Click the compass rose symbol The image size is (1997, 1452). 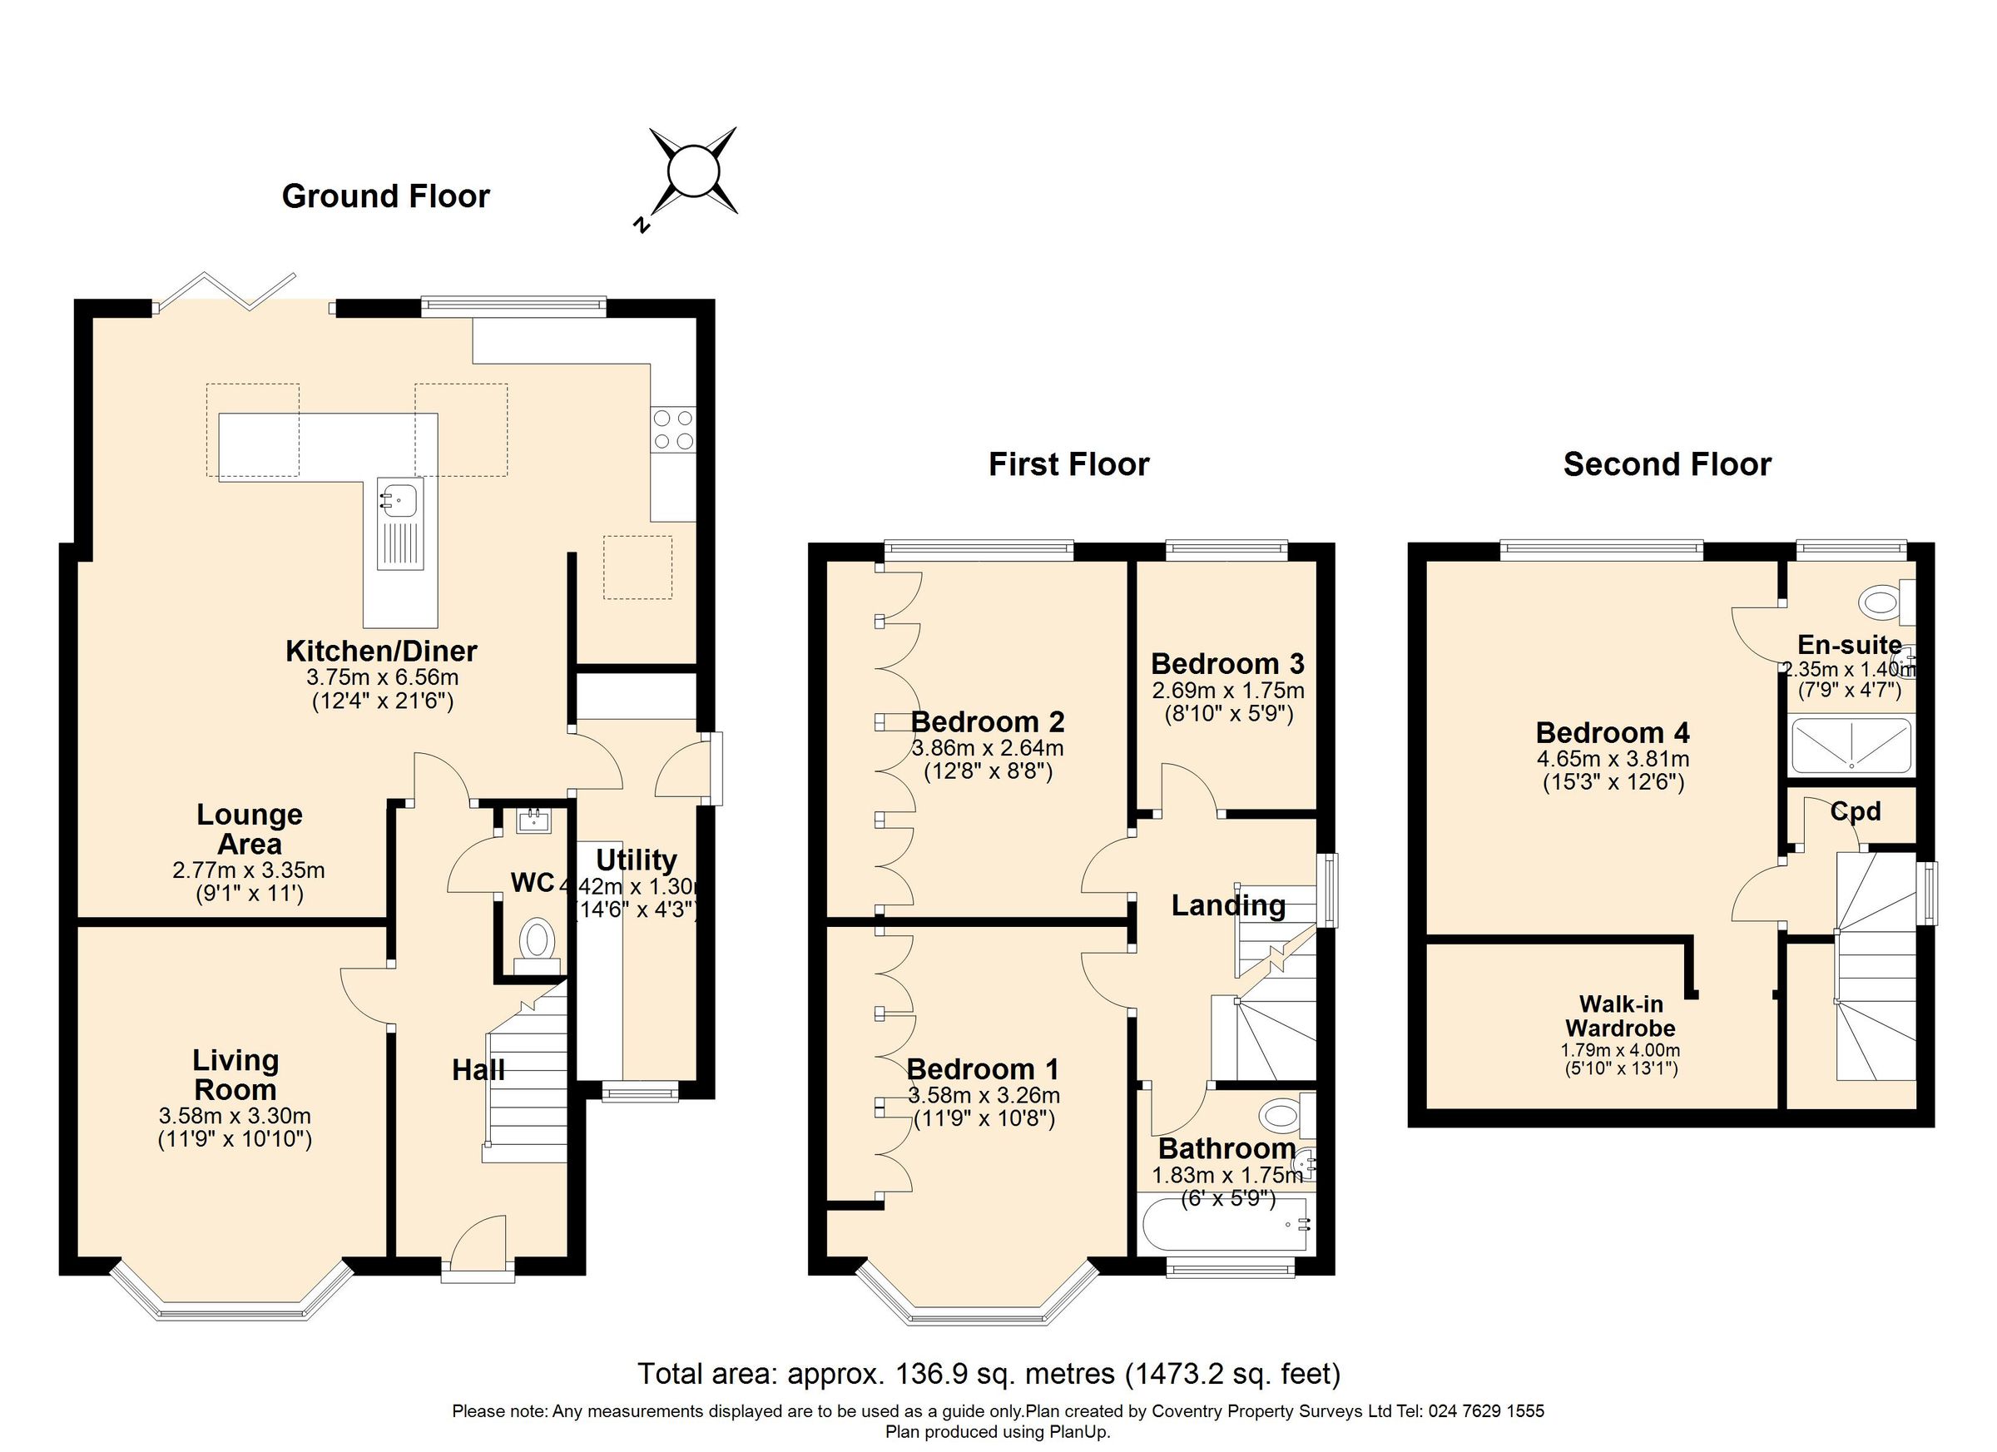[693, 171]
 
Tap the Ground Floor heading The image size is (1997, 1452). [385, 196]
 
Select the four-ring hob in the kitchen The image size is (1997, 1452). [672, 429]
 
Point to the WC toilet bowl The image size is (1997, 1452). [536, 939]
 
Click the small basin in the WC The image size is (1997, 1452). [533, 821]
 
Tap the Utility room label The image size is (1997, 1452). [636, 860]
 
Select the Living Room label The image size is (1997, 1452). [235, 1074]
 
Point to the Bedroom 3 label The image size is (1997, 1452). [1227, 663]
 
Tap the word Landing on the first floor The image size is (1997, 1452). [1227, 905]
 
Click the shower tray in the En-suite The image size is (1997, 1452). [1852, 745]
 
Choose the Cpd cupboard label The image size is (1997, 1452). [1856, 812]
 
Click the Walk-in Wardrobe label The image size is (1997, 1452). [1620, 1015]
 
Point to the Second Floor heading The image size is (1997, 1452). [1667, 464]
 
